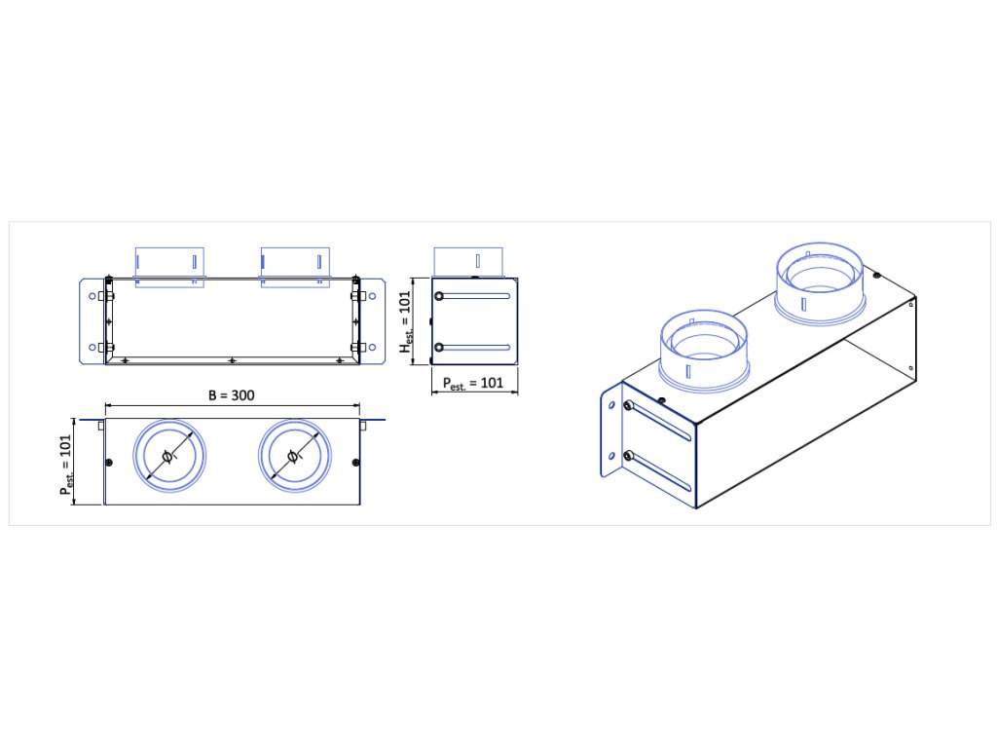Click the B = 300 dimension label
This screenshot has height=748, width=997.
(233, 395)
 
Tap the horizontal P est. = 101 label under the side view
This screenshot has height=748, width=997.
(474, 383)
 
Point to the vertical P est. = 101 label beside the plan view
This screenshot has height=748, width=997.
(65, 463)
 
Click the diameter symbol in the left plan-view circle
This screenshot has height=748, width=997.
(168, 457)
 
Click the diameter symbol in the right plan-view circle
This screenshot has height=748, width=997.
(294, 457)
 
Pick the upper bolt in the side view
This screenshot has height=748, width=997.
(439, 296)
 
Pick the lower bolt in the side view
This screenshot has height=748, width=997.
(439, 347)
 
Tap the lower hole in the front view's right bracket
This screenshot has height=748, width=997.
(375, 347)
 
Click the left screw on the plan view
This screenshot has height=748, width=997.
(109, 461)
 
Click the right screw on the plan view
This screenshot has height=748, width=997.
(355, 461)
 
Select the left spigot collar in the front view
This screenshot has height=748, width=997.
(169, 263)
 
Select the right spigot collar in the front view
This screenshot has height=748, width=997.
(294, 263)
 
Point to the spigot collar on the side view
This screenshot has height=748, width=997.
(469, 261)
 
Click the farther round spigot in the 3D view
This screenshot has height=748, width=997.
(820, 278)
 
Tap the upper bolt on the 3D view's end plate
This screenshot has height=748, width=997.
(629, 406)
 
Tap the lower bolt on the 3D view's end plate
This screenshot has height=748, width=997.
(629, 455)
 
